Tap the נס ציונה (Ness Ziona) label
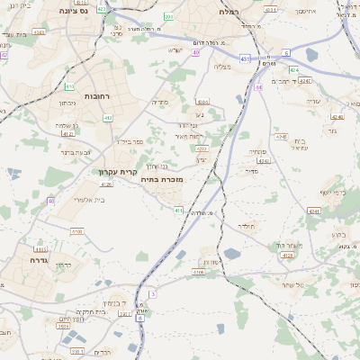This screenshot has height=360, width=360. point(71,12)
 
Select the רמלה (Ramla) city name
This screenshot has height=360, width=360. point(229,12)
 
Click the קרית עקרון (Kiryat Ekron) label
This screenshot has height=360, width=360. point(115,171)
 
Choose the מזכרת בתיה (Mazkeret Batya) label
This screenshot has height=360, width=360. point(161,180)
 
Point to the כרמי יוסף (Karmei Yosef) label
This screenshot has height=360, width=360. point(333,193)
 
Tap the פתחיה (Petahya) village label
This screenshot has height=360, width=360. point(255,154)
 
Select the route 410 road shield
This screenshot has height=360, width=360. point(69,86)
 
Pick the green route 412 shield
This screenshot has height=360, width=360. point(108,118)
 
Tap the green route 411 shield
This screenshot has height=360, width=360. point(179,210)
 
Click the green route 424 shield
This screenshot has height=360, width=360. point(294,69)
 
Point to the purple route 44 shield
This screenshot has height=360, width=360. point(258,87)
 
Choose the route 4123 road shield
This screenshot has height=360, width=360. point(287,256)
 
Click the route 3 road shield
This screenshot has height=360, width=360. point(153,294)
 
